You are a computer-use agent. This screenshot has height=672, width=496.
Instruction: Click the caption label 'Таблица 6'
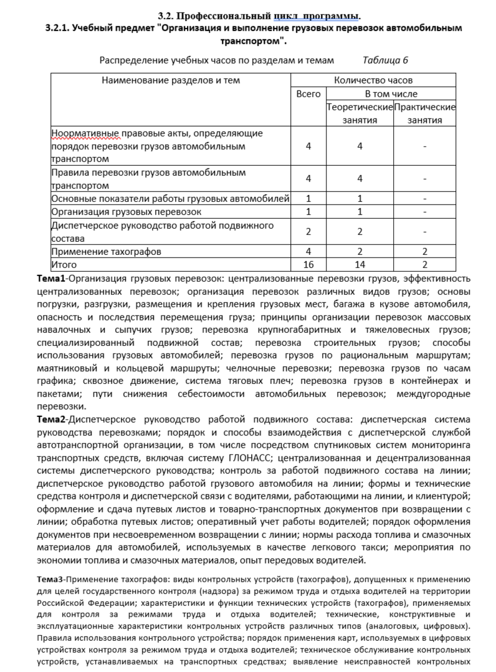[x=384, y=60]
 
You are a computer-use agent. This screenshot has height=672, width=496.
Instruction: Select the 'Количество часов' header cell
[x=373, y=80]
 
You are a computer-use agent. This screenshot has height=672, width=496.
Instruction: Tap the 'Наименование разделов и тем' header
[x=171, y=80]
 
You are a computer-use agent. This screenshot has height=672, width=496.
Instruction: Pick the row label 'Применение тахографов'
[x=107, y=252]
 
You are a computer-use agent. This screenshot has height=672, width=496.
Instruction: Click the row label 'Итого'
[x=64, y=265]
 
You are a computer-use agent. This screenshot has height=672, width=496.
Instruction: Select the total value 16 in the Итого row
[x=308, y=265]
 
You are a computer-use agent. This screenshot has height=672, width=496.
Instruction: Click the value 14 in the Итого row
[x=360, y=265]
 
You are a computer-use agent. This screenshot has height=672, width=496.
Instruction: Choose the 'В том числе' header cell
[x=391, y=94]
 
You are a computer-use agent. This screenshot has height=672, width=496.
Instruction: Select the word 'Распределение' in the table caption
[x=133, y=60]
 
